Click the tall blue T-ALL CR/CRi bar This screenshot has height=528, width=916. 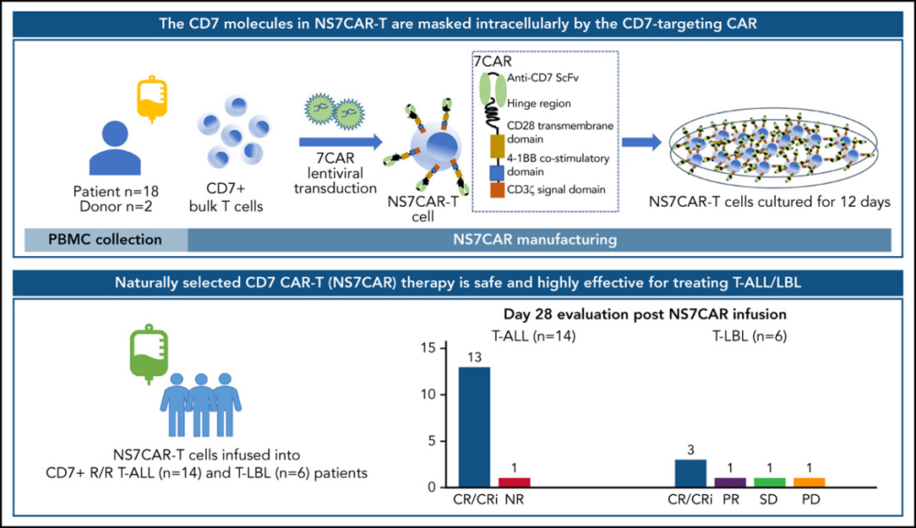tap(474, 426)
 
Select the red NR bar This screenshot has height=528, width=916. tap(513, 482)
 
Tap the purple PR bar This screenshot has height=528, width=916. tap(729, 482)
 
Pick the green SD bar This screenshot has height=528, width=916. tap(769, 482)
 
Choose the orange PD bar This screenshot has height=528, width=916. tap(809, 482)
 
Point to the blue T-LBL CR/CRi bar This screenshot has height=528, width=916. tap(690, 473)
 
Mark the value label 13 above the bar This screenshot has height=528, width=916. tap(474, 357)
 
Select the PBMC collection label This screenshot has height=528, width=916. tap(105, 240)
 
